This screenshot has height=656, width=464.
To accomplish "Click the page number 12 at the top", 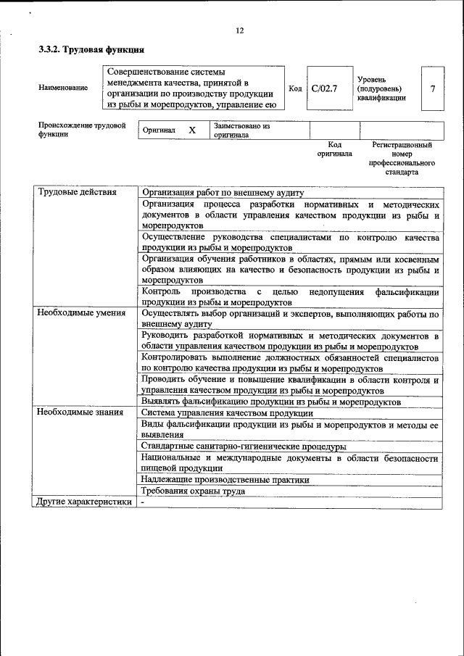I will pos(240,30).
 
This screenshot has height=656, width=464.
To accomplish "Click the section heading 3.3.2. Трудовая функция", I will pos(91,51).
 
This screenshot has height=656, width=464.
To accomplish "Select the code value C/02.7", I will pos(324,88).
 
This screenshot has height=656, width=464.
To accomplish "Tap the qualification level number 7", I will pos(432,88).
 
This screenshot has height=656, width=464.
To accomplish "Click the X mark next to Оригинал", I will pos(192,130).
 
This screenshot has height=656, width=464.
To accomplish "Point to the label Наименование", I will pos(63,88).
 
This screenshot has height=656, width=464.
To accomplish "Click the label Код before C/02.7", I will pos(295,88).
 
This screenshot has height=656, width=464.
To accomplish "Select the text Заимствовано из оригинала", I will pos(241,130).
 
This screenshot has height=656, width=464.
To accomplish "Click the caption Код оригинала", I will pos(334,149).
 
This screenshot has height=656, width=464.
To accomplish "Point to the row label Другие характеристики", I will pos(84,502).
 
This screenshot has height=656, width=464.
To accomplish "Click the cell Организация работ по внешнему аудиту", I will pos(223,192).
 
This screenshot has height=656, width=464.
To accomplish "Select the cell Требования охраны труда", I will pos(193,491).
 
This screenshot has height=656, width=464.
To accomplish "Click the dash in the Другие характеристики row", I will pos(144,502).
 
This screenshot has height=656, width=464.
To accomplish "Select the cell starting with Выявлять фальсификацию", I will pos(271,401).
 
